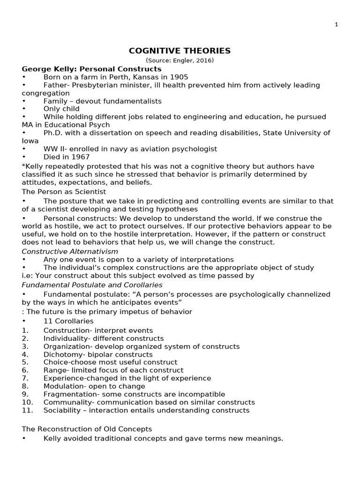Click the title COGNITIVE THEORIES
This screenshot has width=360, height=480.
(180, 51)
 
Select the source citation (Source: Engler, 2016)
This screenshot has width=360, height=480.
(180, 60)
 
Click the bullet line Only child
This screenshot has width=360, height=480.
(62, 109)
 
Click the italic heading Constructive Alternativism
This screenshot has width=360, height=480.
(70, 251)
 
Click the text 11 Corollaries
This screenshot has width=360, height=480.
(68, 321)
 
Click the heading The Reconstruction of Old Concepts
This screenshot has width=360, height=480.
(87, 429)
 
